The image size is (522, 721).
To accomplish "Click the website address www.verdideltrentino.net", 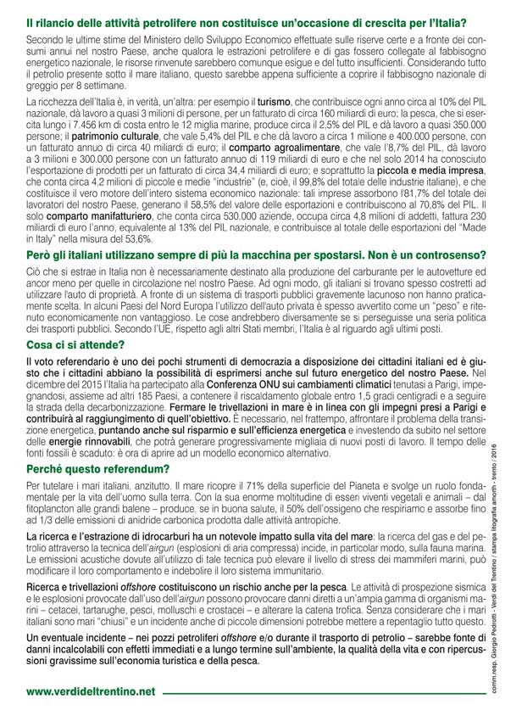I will click(91, 691).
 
